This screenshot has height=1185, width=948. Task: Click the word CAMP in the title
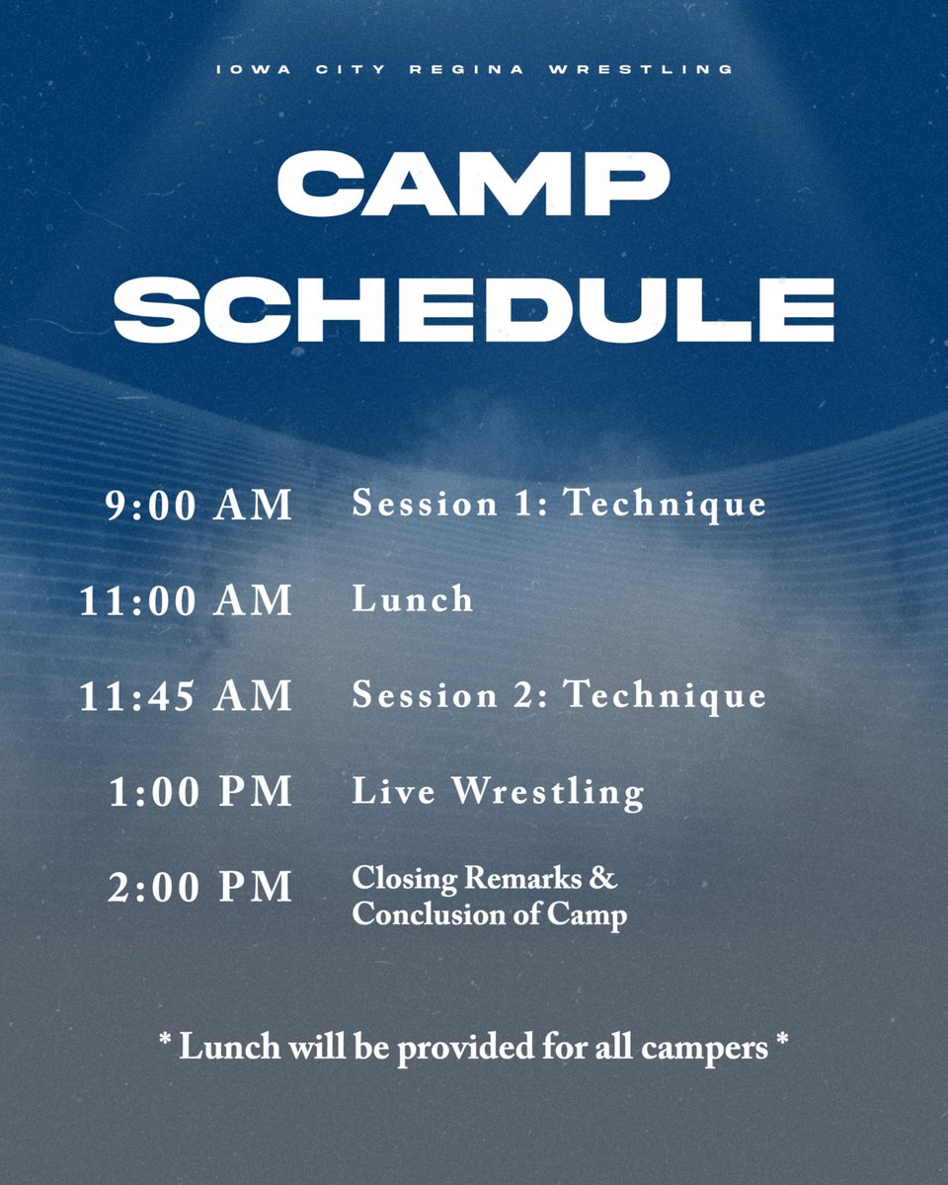coord(474,185)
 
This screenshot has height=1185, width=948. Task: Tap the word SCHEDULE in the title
coord(474,308)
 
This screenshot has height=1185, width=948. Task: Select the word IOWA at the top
coord(246,69)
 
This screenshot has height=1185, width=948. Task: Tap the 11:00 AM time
coord(187,600)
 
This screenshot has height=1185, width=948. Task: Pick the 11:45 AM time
coord(187,695)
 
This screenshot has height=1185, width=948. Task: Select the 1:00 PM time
coord(200,792)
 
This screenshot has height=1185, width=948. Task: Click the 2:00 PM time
coord(200,887)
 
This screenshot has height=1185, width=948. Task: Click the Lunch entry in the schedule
coord(413,599)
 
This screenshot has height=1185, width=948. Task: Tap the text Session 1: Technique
coord(559,504)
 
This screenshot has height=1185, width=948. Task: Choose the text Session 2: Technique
coord(559,695)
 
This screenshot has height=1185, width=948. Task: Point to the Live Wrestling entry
coord(498,792)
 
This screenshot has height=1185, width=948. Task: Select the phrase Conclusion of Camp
coord(489,914)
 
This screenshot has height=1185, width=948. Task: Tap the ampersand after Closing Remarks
coord(606,877)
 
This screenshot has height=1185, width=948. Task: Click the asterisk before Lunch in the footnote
coord(165,1044)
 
